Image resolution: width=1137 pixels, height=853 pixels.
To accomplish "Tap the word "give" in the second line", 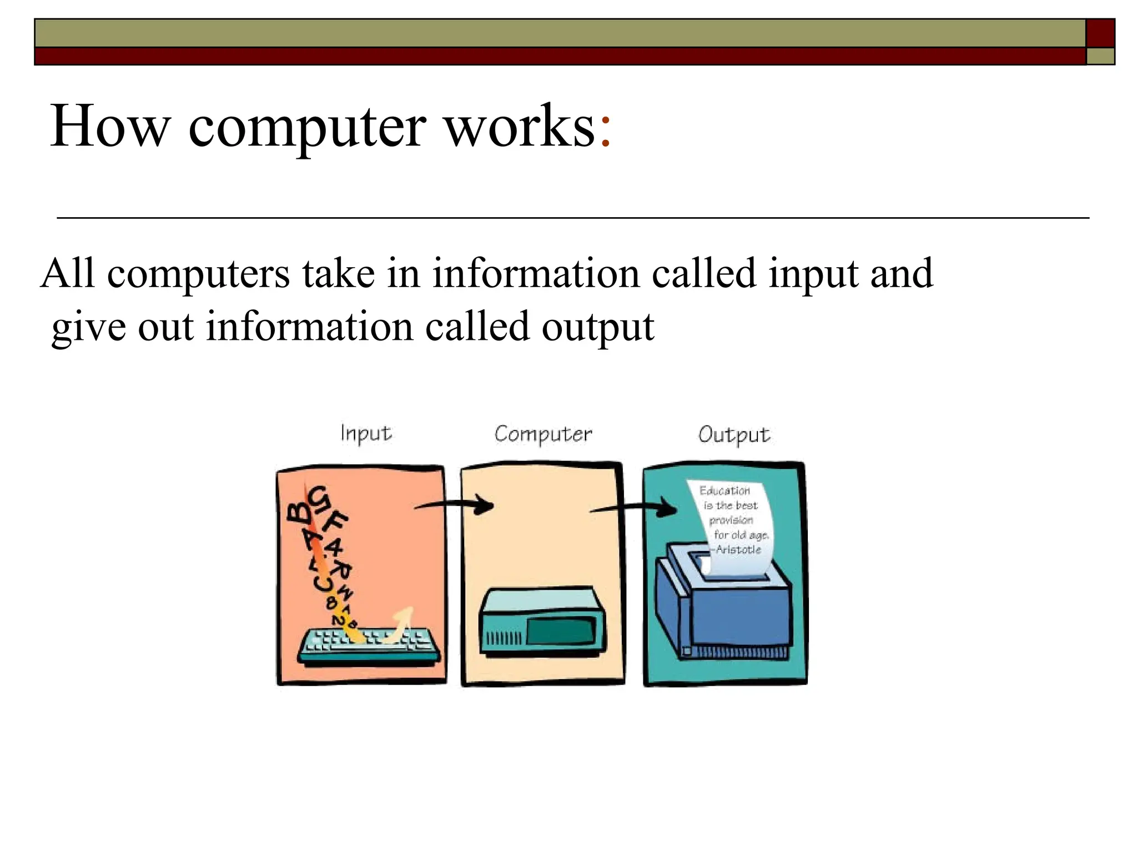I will (88, 328).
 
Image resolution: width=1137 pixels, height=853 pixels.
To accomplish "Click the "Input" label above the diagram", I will (366, 434).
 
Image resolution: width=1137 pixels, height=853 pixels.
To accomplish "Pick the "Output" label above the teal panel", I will (734, 435).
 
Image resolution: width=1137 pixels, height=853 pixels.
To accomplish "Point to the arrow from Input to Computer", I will (455, 505).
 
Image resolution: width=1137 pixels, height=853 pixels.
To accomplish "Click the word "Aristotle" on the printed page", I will (738, 550).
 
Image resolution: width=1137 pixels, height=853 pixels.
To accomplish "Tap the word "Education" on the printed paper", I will (725, 490).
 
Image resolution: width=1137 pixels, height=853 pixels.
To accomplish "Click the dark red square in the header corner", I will (1100, 33).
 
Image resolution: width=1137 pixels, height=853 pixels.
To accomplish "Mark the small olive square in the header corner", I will (1100, 56).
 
